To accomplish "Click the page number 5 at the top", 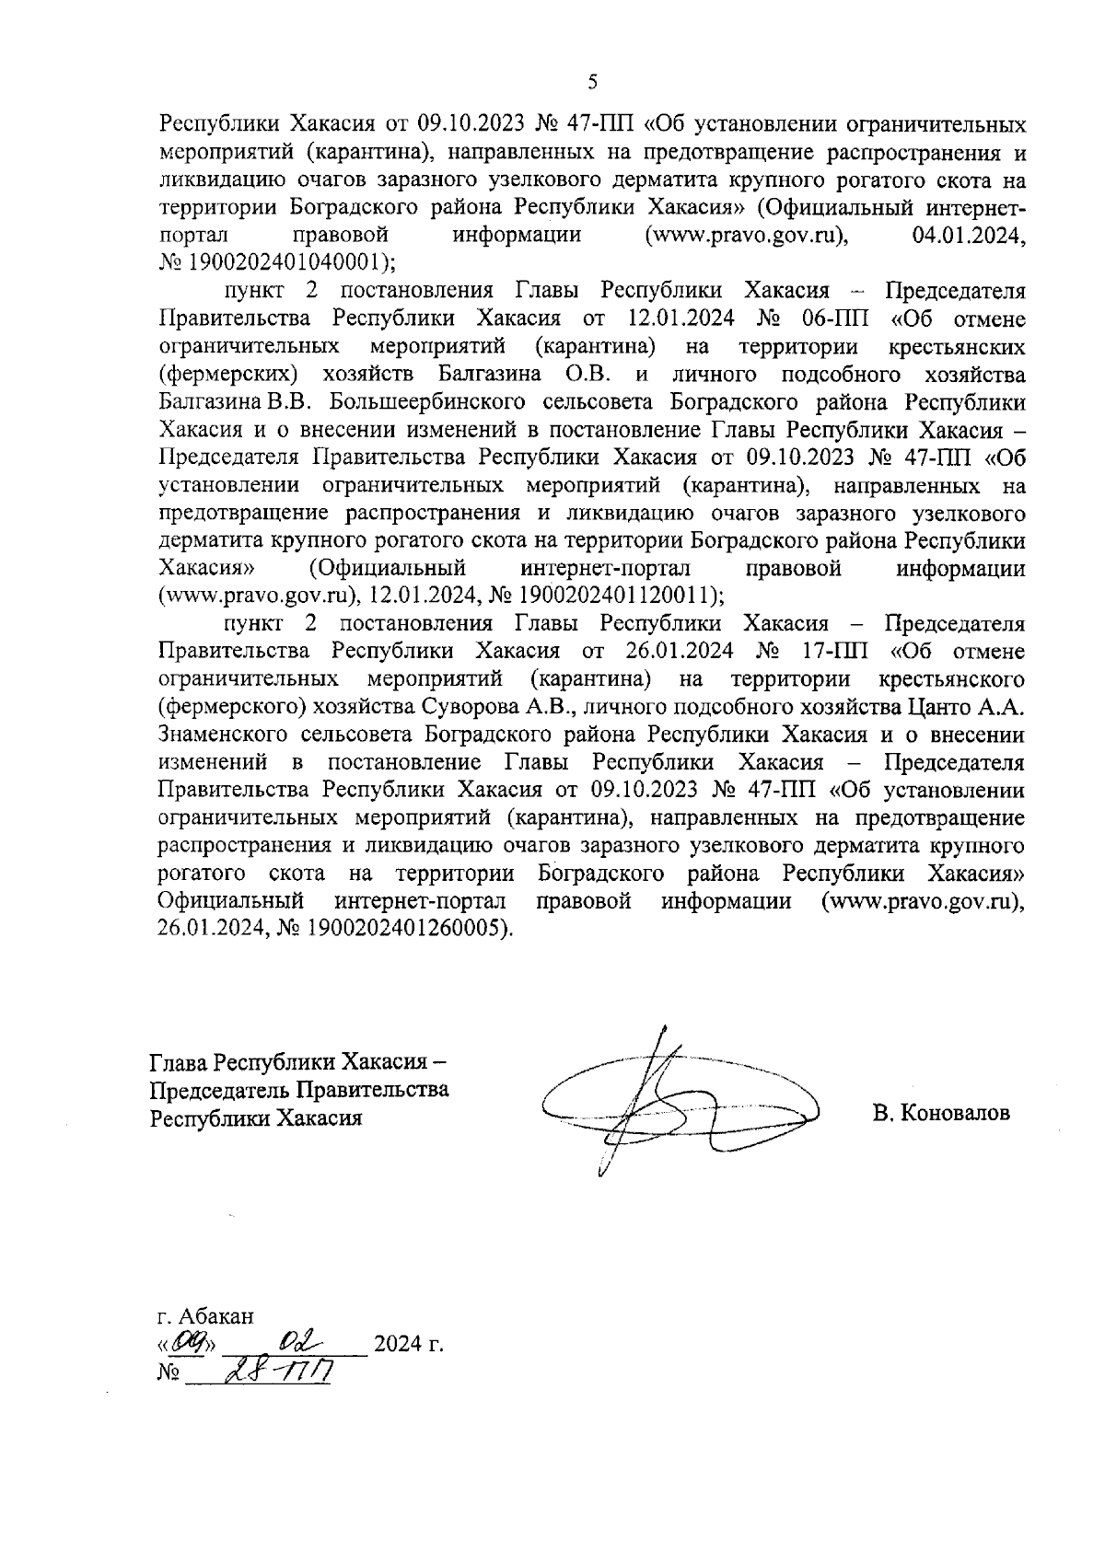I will click(x=592, y=82).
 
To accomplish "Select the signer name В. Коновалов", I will click(x=941, y=1113).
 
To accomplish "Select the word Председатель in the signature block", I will click(x=219, y=1091).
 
